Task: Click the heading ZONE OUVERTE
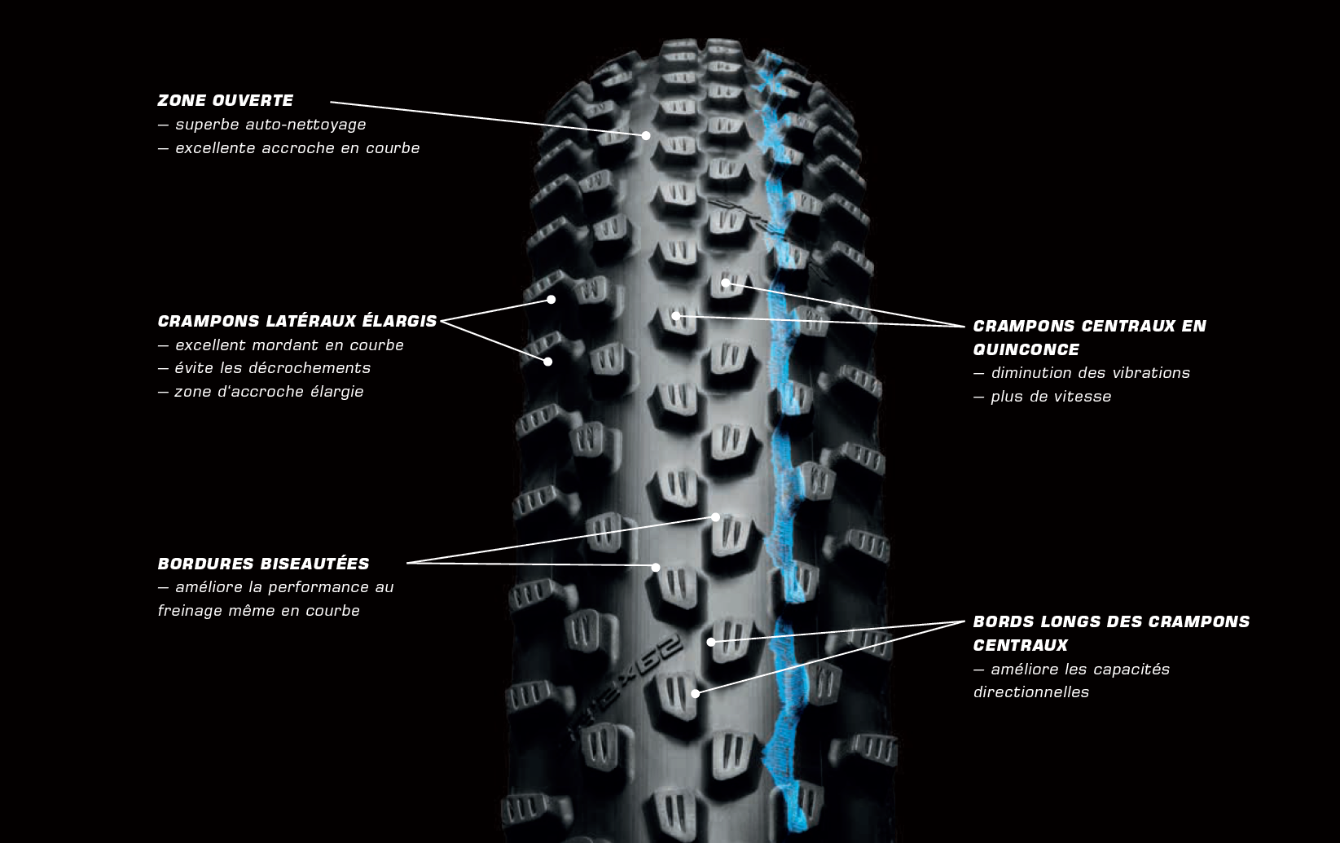(225, 101)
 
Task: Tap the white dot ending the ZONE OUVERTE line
(646, 136)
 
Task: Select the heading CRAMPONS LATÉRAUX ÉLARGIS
(297, 322)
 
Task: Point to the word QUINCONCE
(1026, 349)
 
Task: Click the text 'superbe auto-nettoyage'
(270, 125)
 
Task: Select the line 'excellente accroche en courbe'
(297, 148)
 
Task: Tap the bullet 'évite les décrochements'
(272, 368)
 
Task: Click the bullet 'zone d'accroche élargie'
(269, 392)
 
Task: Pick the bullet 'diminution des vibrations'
(1090, 373)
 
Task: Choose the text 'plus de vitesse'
(1051, 397)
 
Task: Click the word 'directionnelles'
(1030, 692)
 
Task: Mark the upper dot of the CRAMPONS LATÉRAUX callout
(551, 300)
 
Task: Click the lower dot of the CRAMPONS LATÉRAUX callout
(548, 362)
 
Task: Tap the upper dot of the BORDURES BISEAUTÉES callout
(716, 517)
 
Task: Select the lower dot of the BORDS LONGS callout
(696, 694)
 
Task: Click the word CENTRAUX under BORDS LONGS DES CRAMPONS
(1020, 645)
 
